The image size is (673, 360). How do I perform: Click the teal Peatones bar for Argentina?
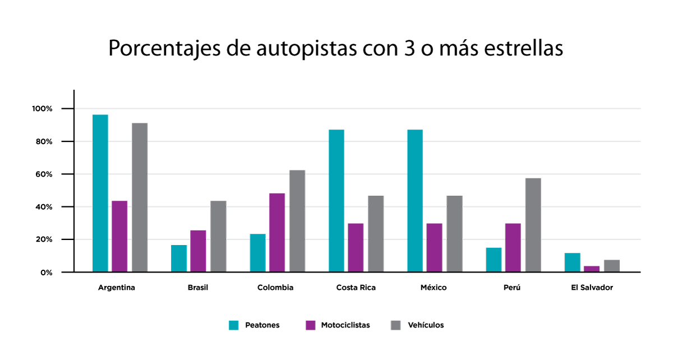pyautogui.click(x=100, y=193)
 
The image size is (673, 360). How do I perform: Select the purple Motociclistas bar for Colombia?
pyautogui.click(x=277, y=233)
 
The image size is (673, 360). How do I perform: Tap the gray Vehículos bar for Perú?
pyautogui.click(x=533, y=225)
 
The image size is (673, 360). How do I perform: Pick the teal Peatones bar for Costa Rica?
pyautogui.click(x=336, y=201)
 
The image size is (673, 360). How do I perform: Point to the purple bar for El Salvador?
pyautogui.click(x=592, y=269)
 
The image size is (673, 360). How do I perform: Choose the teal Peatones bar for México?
pyautogui.click(x=415, y=201)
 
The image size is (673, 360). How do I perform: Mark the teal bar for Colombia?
pyautogui.click(x=257, y=253)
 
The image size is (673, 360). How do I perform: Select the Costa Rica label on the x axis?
pyautogui.click(x=356, y=288)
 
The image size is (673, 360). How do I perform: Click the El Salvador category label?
pyautogui.click(x=592, y=288)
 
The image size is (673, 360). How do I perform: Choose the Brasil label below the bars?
pyautogui.click(x=198, y=288)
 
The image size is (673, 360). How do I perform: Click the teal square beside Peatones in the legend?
pyautogui.click(x=234, y=325)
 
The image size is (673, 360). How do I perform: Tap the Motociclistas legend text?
pyautogui.click(x=345, y=325)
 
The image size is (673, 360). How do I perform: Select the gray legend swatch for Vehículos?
pyautogui.click(x=396, y=325)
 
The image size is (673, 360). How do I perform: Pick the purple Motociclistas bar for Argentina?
pyautogui.click(x=119, y=236)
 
